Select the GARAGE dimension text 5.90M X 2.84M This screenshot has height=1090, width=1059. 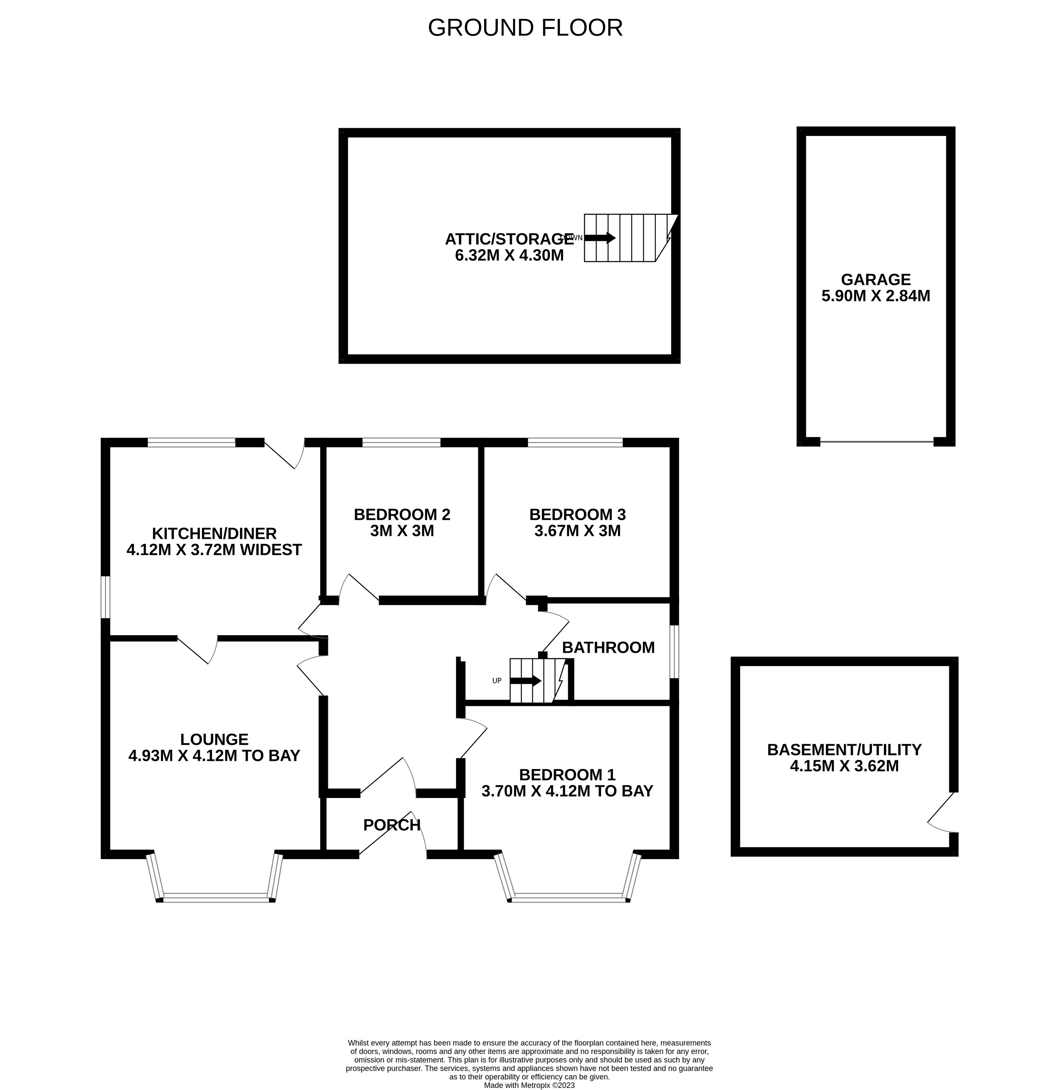tap(876, 296)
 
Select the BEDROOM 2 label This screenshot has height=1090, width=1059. tap(402, 515)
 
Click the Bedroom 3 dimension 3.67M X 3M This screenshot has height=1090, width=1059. tap(577, 531)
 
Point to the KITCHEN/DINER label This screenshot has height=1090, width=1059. tap(214, 533)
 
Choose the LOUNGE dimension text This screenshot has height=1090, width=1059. tap(214, 755)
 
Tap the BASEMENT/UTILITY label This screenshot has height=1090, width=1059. tap(844, 750)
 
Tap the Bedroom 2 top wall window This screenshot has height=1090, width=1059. tap(401, 443)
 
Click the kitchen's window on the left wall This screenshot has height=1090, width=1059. tap(105, 597)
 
